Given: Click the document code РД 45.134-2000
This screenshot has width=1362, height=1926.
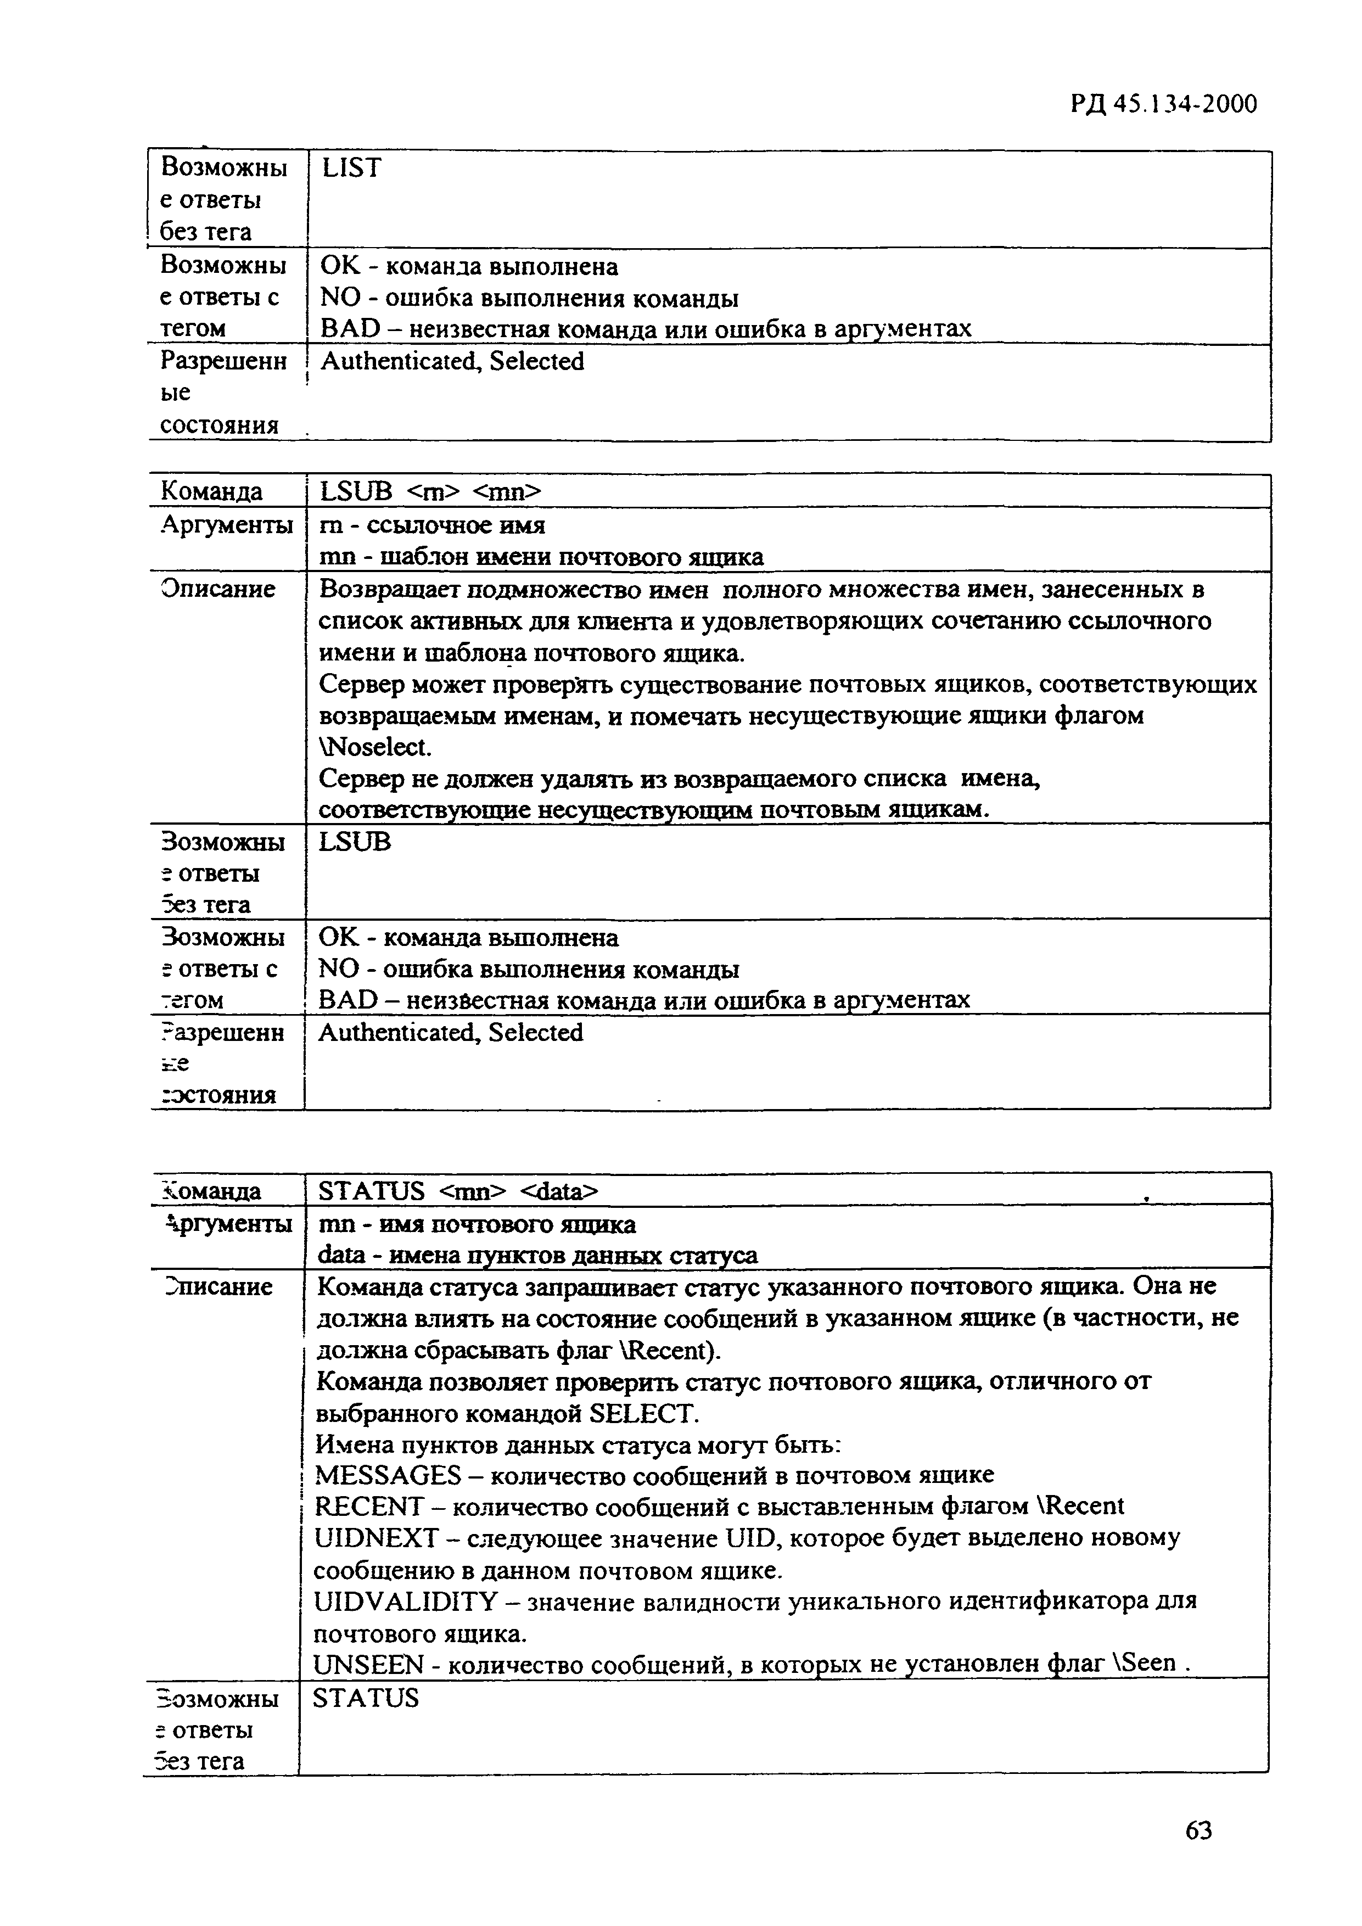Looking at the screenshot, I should tap(1163, 104).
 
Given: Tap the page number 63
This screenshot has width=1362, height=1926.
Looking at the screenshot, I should tap(1198, 1829).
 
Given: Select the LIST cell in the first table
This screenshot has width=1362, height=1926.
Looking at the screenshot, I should tap(351, 169).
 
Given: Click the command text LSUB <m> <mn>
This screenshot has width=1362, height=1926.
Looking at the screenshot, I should tap(431, 491).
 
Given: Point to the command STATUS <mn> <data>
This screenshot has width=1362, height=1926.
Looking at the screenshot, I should tap(457, 1190).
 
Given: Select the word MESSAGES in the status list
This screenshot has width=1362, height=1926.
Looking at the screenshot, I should tap(388, 1475).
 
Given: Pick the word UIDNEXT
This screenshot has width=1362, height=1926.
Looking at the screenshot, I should tap(375, 1538).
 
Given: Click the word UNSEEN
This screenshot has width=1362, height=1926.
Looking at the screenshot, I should tap(367, 1664).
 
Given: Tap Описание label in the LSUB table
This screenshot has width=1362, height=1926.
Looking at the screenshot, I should tap(217, 589).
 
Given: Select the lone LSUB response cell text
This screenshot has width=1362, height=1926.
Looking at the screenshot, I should tap(355, 841).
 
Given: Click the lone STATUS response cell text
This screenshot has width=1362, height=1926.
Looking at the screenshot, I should tap(365, 1698).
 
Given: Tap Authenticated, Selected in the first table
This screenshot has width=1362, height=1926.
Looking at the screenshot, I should tap(452, 362).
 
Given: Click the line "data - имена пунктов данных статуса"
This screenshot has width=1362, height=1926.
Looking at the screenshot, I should tap(537, 1255).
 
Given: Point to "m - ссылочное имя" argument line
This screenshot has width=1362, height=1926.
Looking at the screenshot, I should tap(432, 525).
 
